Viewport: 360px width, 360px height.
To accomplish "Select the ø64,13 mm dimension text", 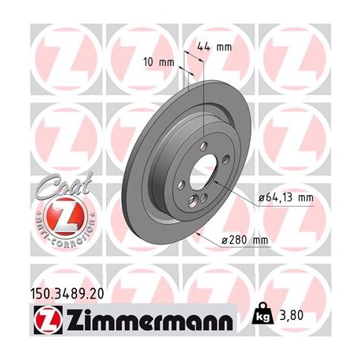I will coord(285,197).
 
